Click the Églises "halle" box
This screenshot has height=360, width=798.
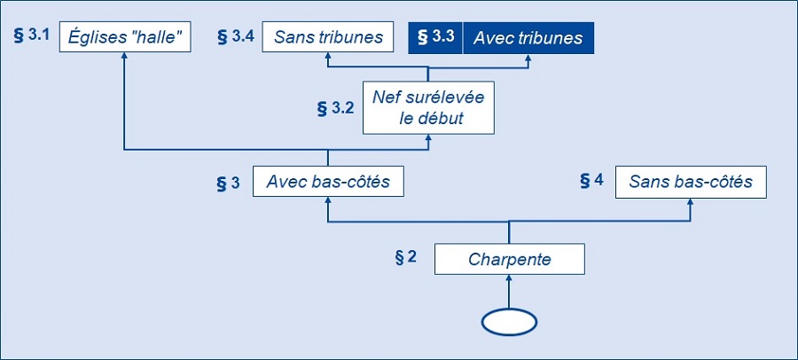coord(125,37)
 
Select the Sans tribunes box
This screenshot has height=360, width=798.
coord(328,37)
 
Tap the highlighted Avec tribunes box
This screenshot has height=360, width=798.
coord(528,37)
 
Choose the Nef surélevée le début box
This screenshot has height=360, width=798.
coord(428,107)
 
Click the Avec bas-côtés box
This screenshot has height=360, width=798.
coord(328,181)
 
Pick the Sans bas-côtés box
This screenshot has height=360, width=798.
coord(691,182)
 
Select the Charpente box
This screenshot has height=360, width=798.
coord(509,259)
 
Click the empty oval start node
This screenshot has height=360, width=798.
coord(509,323)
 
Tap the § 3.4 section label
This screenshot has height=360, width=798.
coord(236,37)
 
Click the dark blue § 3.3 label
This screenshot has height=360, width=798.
coord(435,37)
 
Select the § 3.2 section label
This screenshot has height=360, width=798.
coord(335,108)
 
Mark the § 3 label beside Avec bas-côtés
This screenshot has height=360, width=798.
coord(228,184)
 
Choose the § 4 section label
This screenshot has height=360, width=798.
coord(592,180)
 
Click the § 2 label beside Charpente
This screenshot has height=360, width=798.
coord(405,257)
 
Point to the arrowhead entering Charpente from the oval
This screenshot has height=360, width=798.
coord(509,278)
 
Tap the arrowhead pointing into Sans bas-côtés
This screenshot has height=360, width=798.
coord(691,201)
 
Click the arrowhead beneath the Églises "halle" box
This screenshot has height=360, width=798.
coord(124,56)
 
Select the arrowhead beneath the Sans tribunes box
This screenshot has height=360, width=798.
coord(328,56)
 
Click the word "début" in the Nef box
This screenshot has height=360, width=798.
coord(444,118)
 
